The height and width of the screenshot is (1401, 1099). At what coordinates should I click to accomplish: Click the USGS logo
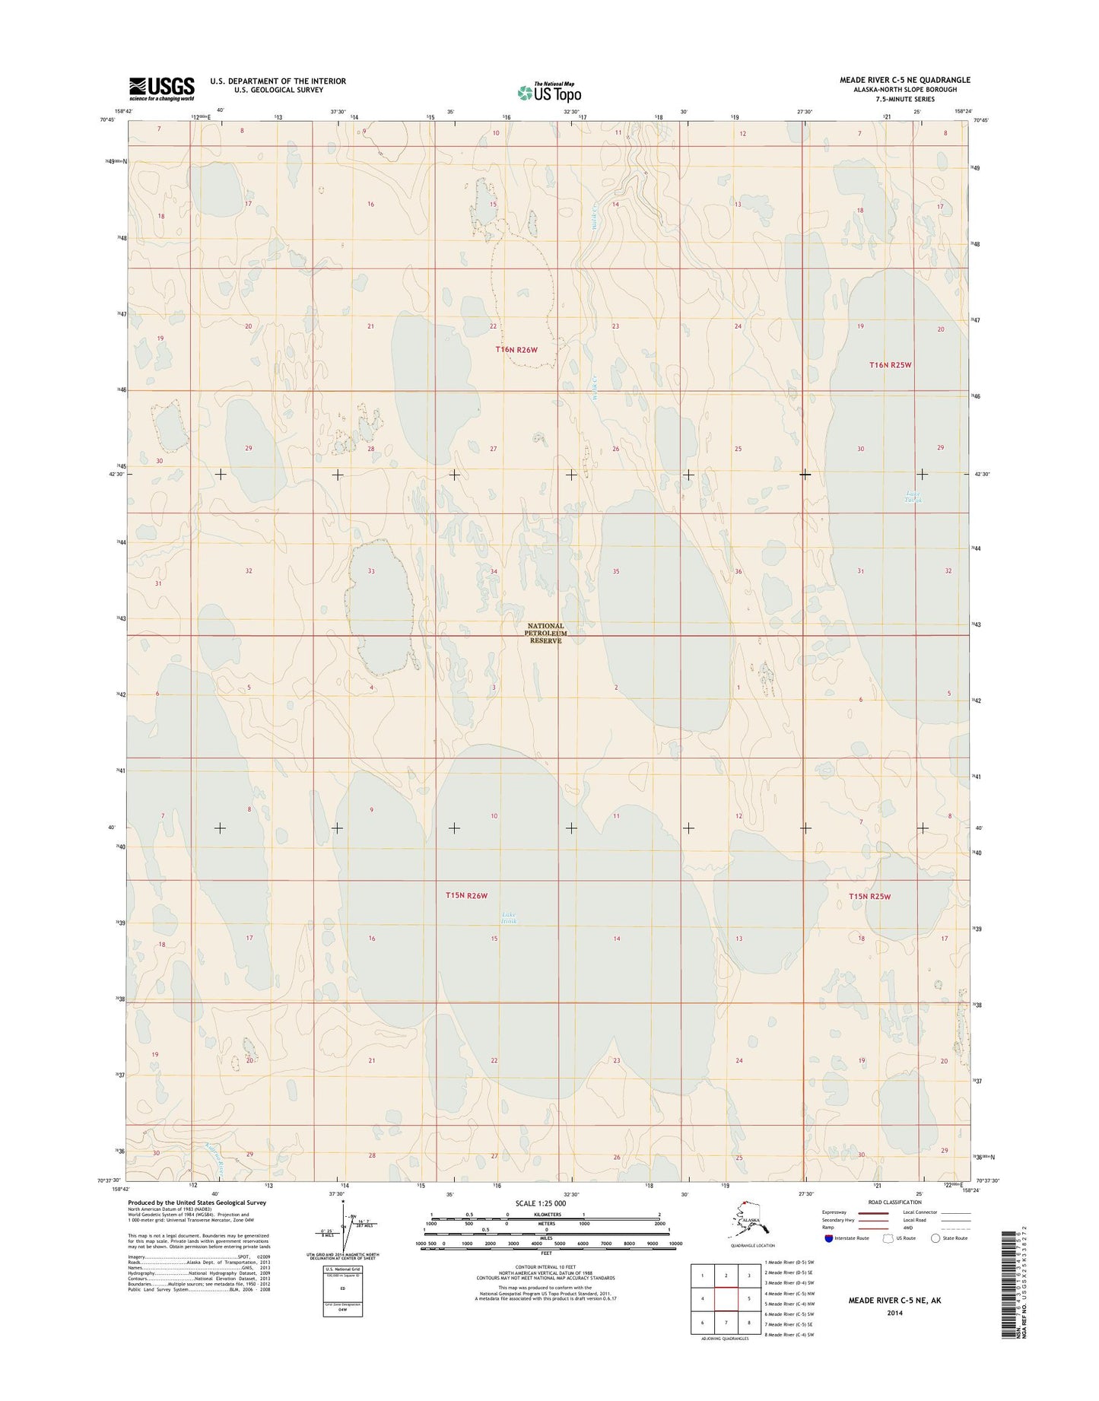[x=161, y=88]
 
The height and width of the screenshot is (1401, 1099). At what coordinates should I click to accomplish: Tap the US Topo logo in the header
[x=549, y=92]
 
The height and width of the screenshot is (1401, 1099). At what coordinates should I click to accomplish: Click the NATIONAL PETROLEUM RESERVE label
[x=545, y=633]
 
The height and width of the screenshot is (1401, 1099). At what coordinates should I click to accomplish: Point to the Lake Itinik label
[x=509, y=917]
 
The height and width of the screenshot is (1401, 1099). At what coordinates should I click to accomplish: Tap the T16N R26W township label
[x=516, y=350]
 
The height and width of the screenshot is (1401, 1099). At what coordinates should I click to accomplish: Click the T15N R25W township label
[x=869, y=897]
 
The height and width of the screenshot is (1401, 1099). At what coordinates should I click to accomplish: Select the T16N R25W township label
[x=890, y=365]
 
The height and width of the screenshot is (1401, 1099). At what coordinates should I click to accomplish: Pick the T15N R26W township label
[x=466, y=896]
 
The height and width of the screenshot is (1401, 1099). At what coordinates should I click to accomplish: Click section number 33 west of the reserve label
[x=371, y=570]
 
